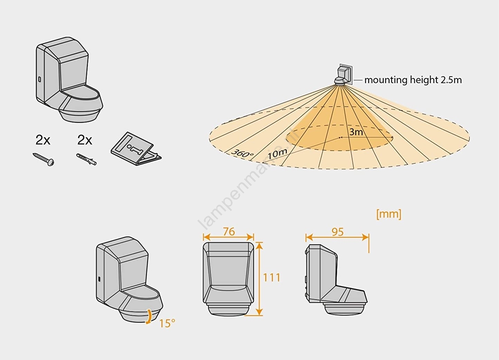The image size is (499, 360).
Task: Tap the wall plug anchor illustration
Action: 86,159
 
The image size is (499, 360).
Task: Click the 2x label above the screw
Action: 43,140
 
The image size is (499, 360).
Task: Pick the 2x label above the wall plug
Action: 85,140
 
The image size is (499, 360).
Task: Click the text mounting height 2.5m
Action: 413,80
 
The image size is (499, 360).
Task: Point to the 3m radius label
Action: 356,132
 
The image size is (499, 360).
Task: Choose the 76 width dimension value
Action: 229,231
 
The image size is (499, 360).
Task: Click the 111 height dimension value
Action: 271,277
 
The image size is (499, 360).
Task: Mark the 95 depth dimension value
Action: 337,232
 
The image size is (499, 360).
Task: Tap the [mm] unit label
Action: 389,214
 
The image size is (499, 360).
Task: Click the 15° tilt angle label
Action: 167,323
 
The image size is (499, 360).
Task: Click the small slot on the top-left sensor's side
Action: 39,80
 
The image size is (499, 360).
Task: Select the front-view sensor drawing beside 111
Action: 228,278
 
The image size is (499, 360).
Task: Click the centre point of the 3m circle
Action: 340,138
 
